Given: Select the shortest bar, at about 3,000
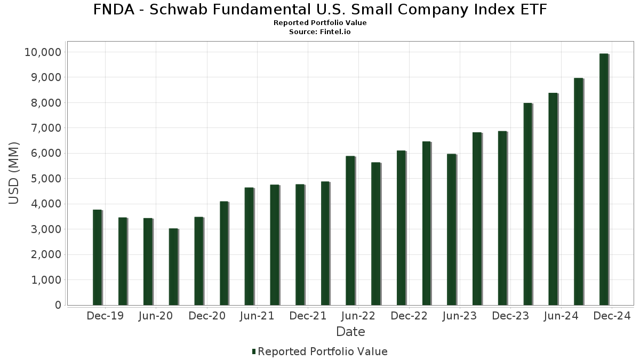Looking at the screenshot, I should tap(173, 267).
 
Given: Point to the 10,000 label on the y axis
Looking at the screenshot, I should tap(43, 52).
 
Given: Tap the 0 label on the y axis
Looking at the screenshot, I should tap(57, 305).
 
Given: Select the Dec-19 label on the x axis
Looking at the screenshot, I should tap(105, 316).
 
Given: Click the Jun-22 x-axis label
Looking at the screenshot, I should tap(358, 316).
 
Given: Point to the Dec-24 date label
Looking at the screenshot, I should tap(612, 316).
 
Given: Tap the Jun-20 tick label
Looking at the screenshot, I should tap(155, 316).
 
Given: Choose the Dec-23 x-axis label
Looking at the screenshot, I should tap(510, 316).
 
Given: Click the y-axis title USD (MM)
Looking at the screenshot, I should tap(14, 173).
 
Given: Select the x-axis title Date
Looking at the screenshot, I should tap(350, 332).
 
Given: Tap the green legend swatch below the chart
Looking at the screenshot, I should tap(254, 351).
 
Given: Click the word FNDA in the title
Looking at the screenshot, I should tap(113, 10).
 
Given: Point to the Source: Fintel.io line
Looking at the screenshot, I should tap(320, 32).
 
